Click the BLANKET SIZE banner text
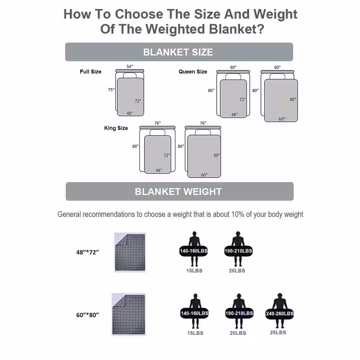(178, 52)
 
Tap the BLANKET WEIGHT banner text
(178, 192)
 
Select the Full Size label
(90, 72)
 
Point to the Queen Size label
(193, 72)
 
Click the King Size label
(116, 128)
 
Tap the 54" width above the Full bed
(130, 67)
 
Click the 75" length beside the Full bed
(111, 90)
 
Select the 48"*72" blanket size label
(87, 252)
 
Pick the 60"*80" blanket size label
(87, 315)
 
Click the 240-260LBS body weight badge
(280, 314)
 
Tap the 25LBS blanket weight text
(278, 332)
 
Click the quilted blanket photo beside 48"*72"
(130, 252)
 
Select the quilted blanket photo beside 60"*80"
(129, 314)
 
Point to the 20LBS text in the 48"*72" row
(237, 271)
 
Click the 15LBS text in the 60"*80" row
(195, 333)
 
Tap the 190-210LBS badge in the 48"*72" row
(238, 251)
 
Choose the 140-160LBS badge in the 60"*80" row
(194, 314)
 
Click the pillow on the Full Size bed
(130, 75)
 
